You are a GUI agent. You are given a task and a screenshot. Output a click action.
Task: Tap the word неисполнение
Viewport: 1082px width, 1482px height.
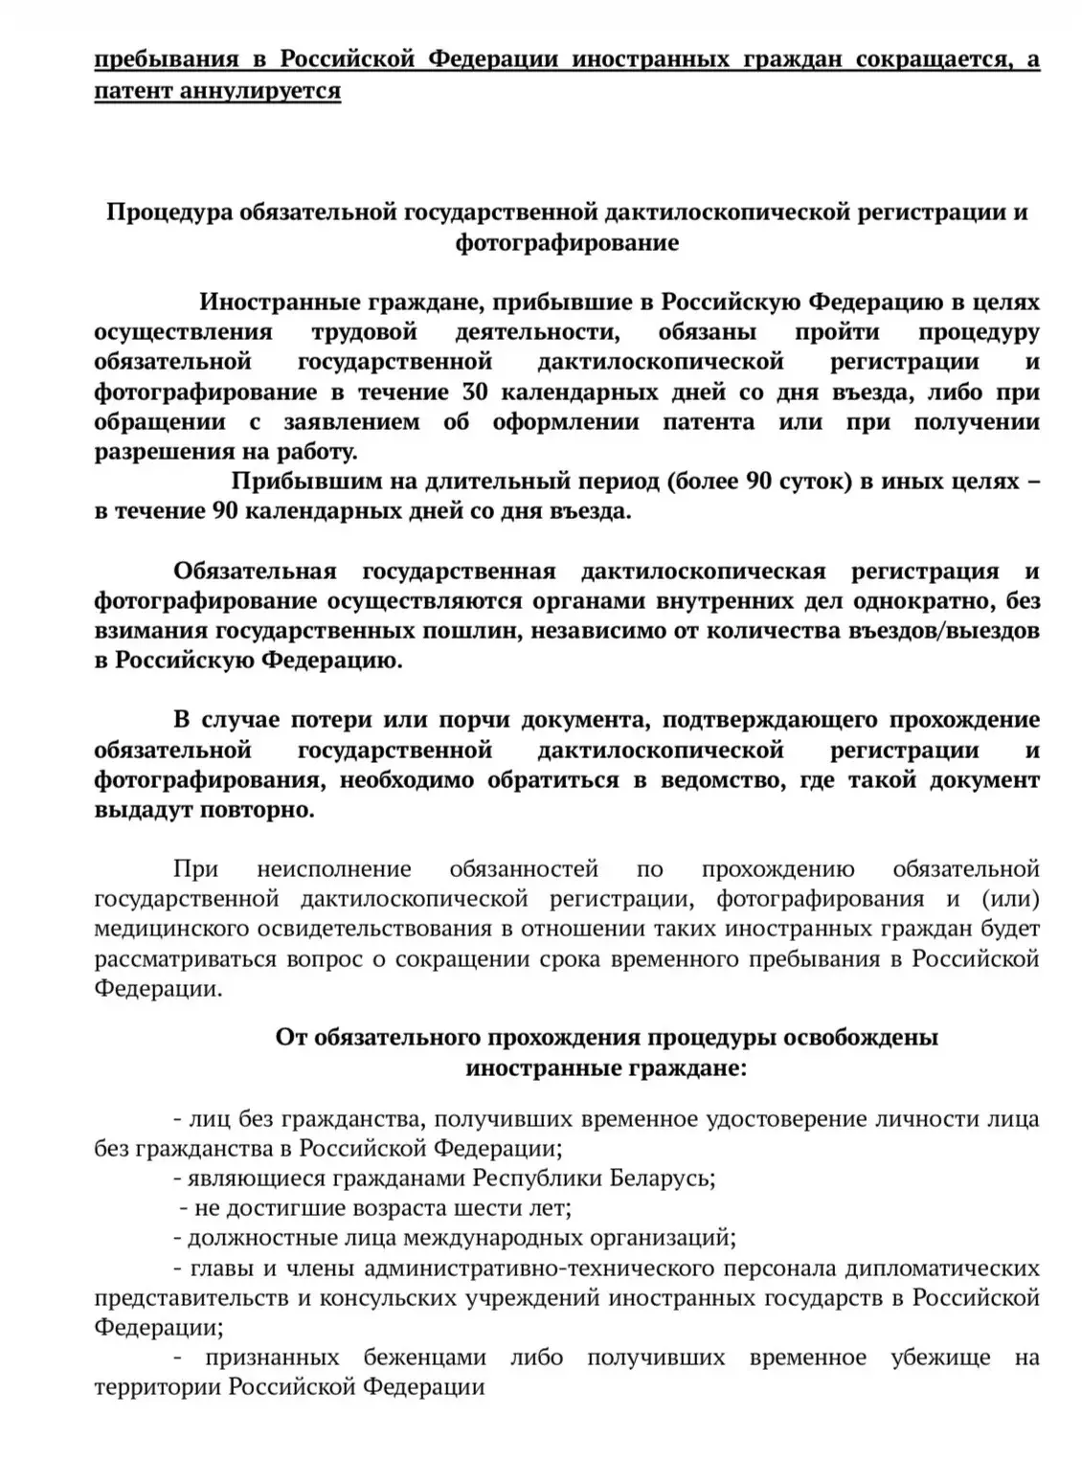pyautogui.click(x=334, y=869)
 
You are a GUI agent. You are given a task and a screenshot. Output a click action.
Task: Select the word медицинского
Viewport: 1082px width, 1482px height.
pyautogui.click(x=172, y=929)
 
